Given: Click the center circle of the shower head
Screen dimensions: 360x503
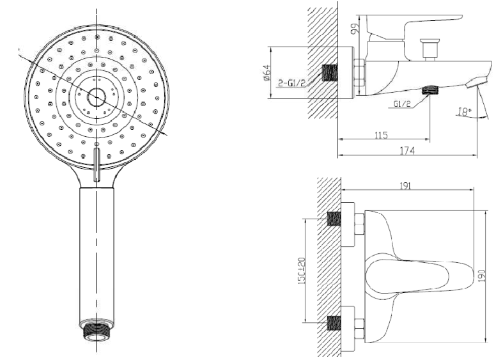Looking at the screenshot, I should (96, 97).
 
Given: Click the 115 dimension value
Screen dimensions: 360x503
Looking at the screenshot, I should (382, 135).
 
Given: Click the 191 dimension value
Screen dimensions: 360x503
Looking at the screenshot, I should (404, 185).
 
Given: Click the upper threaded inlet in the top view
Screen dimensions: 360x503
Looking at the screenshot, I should (332, 219).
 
